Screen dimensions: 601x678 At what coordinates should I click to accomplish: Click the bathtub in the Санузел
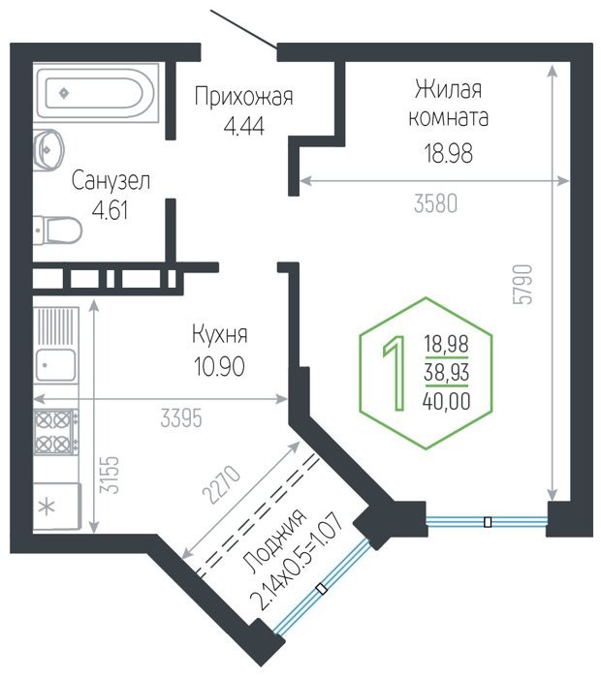click(x=97, y=93)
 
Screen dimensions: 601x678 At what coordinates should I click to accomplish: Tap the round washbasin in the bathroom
click(x=47, y=149)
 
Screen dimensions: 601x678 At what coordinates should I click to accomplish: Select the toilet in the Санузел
click(x=57, y=231)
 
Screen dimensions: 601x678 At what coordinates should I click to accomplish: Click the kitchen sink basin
click(x=55, y=365)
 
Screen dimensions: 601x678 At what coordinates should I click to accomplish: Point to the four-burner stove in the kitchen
click(x=56, y=432)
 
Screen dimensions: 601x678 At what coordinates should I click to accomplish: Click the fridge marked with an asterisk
click(x=56, y=506)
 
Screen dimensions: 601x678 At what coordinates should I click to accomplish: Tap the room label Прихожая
click(x=243, y=97)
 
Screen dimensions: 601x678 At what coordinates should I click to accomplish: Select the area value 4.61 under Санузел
click(x=110, y=211)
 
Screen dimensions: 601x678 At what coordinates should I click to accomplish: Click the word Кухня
click(x=220, y=335)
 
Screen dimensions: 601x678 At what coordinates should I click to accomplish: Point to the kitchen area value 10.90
click(x=219, y=366)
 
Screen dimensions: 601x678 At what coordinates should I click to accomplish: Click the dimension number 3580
click(x=435, y=203)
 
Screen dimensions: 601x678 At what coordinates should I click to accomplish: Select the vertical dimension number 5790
click(x=522, y=285)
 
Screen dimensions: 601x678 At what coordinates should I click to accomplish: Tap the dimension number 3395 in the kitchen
click(x=181, y=418)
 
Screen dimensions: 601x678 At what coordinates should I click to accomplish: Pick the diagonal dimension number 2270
click(x=221, y=484)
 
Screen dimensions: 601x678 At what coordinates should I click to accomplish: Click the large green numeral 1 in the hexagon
click(x=395, y=373)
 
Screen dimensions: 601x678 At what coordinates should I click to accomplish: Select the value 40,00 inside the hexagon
click(x=447, y=401)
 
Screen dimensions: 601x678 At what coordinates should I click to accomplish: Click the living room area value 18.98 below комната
click(x=448, y=153)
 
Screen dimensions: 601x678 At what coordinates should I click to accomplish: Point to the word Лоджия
click(x=274, y=540)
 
